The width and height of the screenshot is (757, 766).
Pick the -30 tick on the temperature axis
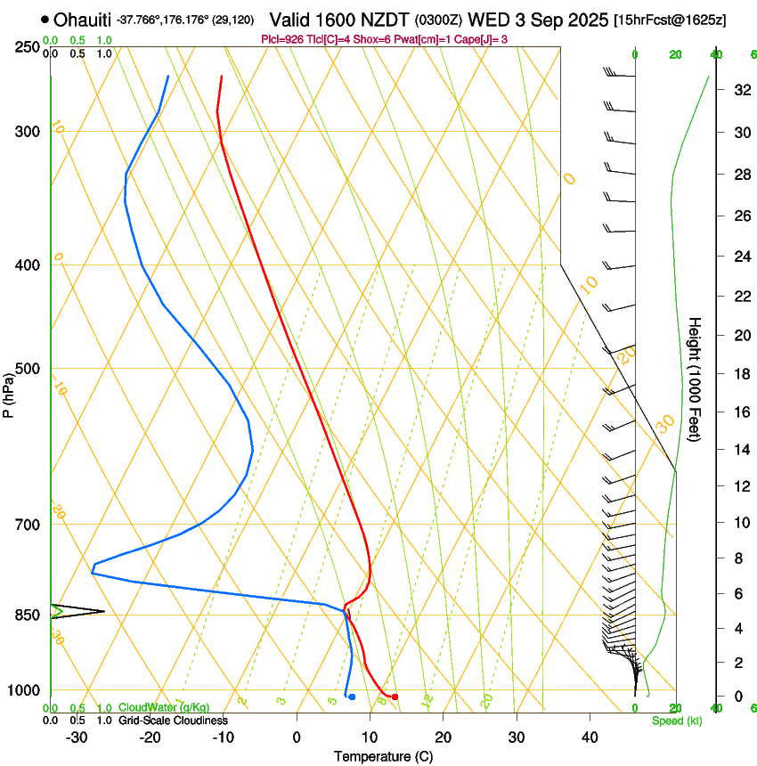tap(77, 737)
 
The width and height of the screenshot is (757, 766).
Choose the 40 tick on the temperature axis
tap(590, 737)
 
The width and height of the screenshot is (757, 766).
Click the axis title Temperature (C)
tap(383, 756)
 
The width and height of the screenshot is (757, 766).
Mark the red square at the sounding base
tap(395, 697)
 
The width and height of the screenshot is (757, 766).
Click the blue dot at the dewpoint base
tap(353, 697)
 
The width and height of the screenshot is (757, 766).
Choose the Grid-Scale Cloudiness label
tap(173, 720)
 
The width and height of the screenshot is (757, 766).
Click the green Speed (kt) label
tap(676, 721)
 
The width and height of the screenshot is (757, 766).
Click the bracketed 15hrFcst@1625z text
tap(670, 20)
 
